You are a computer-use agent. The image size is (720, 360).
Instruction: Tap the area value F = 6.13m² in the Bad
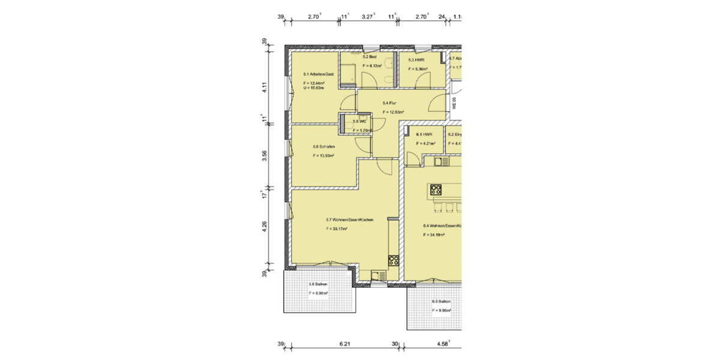(372, 65)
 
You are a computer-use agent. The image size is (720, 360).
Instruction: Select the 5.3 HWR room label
(416, 60)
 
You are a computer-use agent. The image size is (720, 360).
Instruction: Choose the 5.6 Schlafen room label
(323, 146)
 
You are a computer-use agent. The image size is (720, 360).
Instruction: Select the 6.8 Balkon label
(440, 302)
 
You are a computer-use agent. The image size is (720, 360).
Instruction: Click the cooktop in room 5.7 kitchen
(394, 260)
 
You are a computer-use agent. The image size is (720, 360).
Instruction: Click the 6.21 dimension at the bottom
(344, 344)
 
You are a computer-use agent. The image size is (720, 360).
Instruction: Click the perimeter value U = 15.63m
(313, 88)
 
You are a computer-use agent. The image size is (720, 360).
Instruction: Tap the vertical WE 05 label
(455, 103)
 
